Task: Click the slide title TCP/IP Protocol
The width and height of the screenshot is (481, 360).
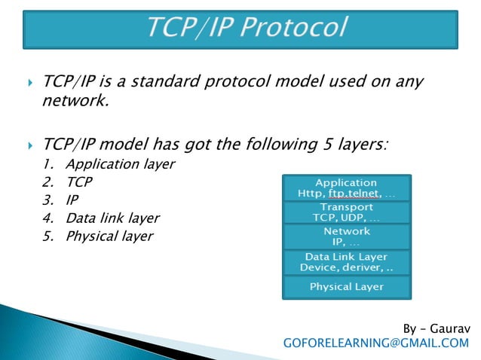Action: (x=246, y=29)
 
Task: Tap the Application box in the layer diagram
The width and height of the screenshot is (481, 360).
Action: (x=346, y=188)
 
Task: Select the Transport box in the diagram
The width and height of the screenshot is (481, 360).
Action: (x=346, y=212)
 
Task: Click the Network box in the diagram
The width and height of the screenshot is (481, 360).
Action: (x=346, y=236)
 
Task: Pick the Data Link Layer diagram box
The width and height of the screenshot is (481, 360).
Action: (x=346, y=262)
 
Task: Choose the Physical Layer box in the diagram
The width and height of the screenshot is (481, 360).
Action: (x=346, y=287)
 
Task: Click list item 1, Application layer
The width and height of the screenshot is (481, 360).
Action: (x=120, y=163)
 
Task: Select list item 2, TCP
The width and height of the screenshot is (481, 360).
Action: (x=79, y=182)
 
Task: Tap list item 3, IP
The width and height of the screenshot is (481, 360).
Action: (x=72, y=200)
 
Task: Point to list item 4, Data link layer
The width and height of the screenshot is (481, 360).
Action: (x=112, y=218)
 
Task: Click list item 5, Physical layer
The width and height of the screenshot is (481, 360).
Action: (x=109, y=236)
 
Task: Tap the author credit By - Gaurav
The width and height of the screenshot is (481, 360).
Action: (x=435, y=328)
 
